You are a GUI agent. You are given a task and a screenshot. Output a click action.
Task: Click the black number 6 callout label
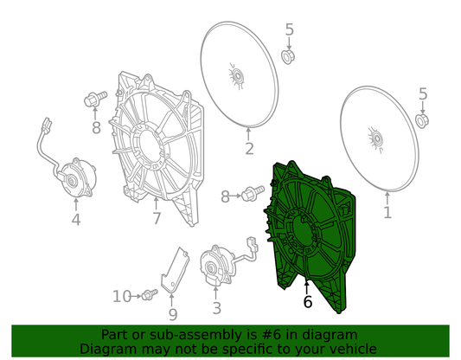point(308,302)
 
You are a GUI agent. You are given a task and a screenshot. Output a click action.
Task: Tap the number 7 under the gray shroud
point(157,219)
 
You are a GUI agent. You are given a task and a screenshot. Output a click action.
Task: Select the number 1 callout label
point(387,212)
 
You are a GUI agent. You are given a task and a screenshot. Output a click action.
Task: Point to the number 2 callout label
point(249,149)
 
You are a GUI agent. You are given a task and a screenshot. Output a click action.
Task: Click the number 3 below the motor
point(216,308)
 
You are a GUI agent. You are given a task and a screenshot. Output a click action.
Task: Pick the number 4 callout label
point(76,220)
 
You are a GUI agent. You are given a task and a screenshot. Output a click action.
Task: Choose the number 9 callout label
point(173,315)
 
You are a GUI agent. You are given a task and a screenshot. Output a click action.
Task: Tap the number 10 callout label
point(122,297)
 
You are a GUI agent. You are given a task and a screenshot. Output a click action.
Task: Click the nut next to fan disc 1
point(422,121)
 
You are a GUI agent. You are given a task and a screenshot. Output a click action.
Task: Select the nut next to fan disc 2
point(288,57)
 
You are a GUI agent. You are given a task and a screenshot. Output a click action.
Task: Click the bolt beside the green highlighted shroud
point(253,193)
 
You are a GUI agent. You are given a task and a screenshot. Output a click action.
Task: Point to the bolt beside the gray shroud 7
point(95,99)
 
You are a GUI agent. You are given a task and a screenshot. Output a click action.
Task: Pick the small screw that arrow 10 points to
point(150,294)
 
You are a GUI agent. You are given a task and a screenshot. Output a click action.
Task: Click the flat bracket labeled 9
point(175,271)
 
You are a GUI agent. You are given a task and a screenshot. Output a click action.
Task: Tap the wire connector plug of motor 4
point(47,125)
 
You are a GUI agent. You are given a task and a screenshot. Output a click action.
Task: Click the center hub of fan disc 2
point(237,77)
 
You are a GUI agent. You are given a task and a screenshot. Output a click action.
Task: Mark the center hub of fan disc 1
point(376,138)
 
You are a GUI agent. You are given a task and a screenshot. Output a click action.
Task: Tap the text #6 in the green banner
point(271,335)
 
